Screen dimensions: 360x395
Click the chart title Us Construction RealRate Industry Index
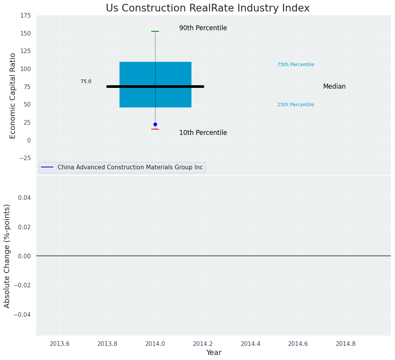click(207, 8)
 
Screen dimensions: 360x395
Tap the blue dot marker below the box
click(155, 124)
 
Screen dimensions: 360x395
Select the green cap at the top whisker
click(155, 31)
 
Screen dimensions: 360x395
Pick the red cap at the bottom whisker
click(155, 129)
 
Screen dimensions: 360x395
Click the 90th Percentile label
click(203, 28)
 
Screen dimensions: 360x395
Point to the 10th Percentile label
click(203, 133)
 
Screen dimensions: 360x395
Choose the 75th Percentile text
click(296, 65)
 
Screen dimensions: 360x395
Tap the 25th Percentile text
click(296, 105)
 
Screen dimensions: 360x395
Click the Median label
click(334, 87)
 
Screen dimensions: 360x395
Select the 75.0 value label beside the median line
click(86, 81)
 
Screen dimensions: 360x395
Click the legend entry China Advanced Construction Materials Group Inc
click(130, 167)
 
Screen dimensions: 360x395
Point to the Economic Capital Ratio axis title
click(13, 96)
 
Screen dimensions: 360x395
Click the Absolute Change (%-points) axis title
click(7, 256)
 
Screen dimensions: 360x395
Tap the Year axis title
click(214, 353)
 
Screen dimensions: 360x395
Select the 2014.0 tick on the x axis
click(155, 344)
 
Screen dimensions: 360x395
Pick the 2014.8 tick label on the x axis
click(346, 344)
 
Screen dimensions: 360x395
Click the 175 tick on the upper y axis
click(26, 16)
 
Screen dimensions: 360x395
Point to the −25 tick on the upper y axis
click(24, 158)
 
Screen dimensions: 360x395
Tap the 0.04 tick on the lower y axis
click(24, 198)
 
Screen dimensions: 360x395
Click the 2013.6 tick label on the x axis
click(60, 344)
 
